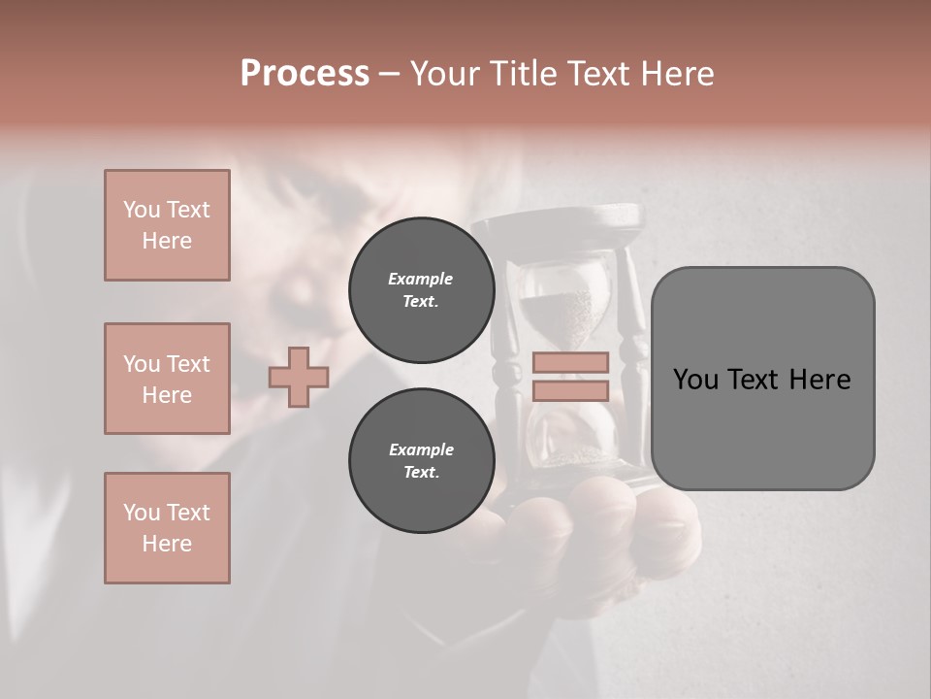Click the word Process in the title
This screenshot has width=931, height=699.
coord(305,74)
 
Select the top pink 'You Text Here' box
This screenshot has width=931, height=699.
coord(167,225)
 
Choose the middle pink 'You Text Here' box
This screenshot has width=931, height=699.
coord(167,379)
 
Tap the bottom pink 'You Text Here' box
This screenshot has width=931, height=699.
coord(167,528)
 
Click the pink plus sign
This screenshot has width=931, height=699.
coord(299,377)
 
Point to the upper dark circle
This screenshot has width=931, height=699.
coord(421,289)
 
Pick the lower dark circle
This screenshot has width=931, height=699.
coord(421,460)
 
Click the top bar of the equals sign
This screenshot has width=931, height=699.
coord(570,363)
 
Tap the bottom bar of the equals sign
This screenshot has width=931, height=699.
coord(570,390)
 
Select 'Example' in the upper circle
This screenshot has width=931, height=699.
coord(421,279)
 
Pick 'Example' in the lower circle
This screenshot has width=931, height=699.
coord(421,449)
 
